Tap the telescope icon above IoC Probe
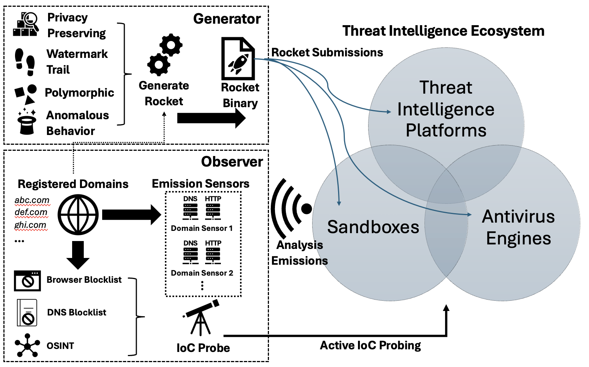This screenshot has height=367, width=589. click(201, 318)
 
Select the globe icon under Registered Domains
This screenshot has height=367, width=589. click(78, 215)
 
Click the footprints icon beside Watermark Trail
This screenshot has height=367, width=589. click(25, 61)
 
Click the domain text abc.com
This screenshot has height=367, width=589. click(32, 200)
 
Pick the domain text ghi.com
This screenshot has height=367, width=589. click(30, 225)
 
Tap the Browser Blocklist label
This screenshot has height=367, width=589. click(84, 280)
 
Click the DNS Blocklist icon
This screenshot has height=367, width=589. click(27, 313)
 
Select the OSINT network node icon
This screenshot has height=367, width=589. click(27, 346)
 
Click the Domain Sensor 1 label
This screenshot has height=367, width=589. click(202, 228)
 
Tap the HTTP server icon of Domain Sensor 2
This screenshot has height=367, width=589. click(213, 255)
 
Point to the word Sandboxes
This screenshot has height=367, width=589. click(373, 227)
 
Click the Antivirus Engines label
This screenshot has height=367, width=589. click(518, 227)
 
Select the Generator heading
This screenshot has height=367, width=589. click(227, 19)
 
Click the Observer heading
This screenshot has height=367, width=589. click(232, 162)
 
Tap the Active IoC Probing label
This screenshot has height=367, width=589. click(370, 345)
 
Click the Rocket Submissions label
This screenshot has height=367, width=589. click(327, 53)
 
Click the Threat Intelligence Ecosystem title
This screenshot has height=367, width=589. click(443, 31)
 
